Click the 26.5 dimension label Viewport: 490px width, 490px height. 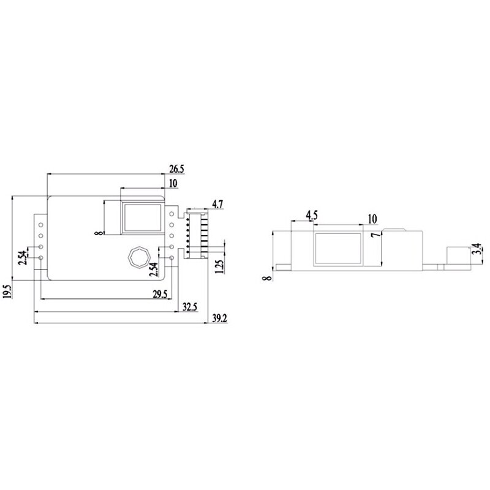click(x=176, y=168)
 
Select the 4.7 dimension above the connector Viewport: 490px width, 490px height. click(x=218, y=203)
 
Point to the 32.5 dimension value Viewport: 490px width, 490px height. click(x=190, y=306)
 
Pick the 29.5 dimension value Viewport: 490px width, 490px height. click(x=160, y=295)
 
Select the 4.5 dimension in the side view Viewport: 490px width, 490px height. click(x=311, y=215)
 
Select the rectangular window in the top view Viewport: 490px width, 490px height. click(x=142, y=217)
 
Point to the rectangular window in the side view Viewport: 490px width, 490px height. click(x=338, y=249)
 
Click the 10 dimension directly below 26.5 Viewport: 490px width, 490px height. click(x=172, y=183)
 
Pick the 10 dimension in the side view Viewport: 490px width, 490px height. click(x=372, y=219)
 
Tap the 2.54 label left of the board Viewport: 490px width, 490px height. click(x=23, y=258)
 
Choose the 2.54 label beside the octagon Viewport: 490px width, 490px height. click(x=154, y=269)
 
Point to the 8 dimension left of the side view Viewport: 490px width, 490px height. click(x=266, y=277)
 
